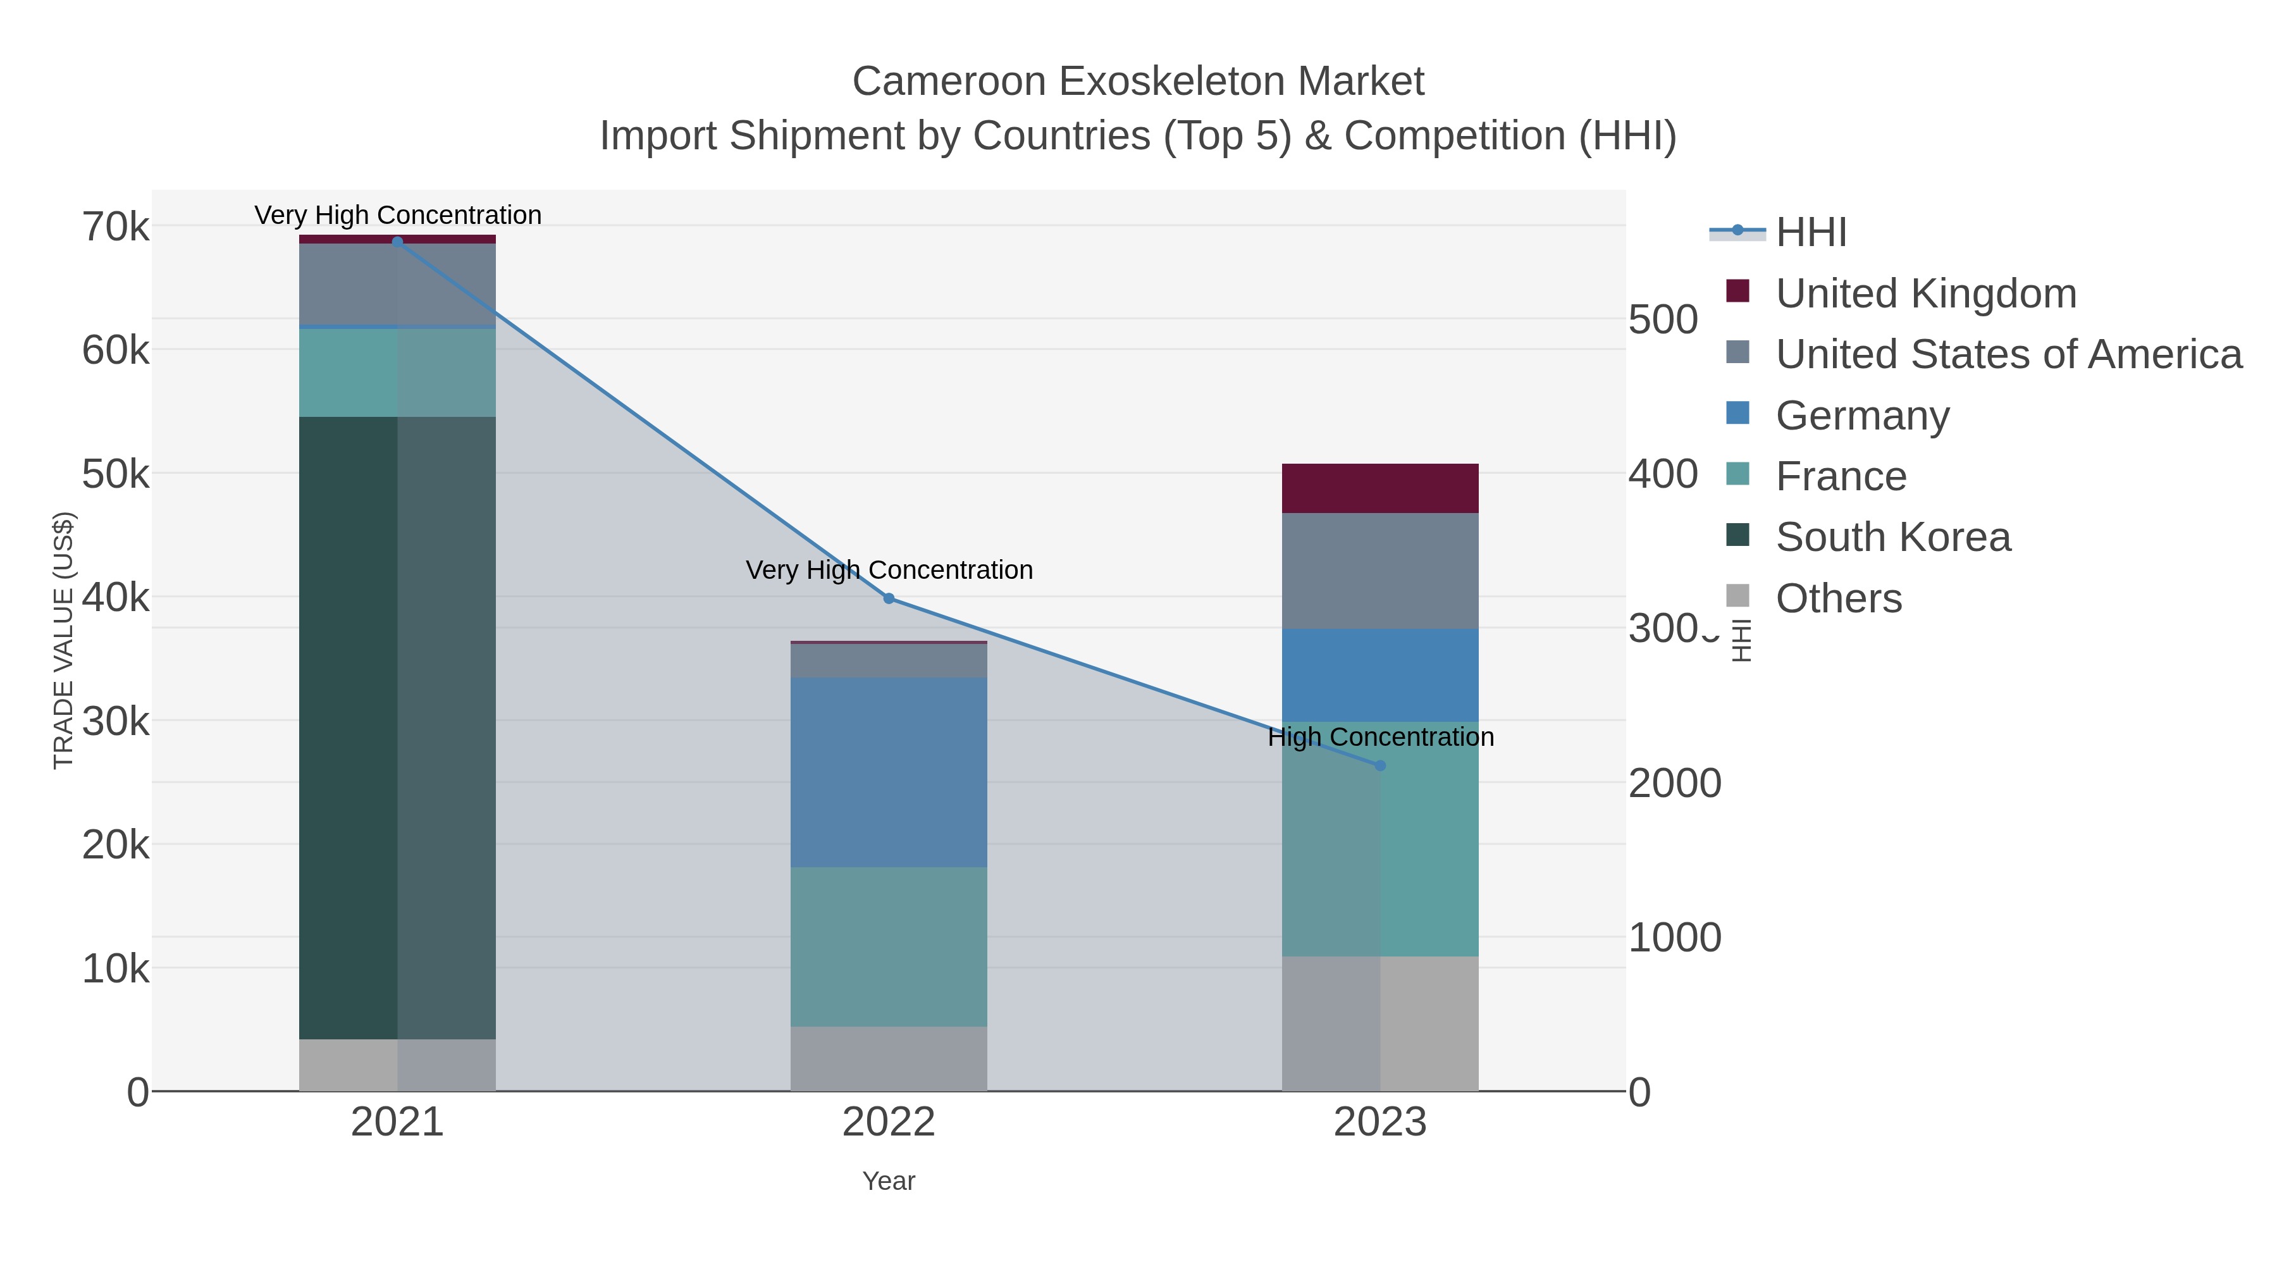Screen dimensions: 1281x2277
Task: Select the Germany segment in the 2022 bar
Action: pyautogui.click(x=889, y=772)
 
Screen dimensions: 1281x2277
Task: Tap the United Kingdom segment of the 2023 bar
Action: pyautogui.click(x=1380, y=488)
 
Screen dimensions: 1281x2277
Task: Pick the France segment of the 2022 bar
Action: pyautogui.click(x=889, y=946)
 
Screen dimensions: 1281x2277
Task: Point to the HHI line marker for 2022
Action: pyautogui.click(x=889, y=598)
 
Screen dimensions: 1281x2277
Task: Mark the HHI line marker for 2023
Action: pyautogui.click(x=1380, y=765)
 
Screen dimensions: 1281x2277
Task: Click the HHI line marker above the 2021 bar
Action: pyautogui.click(x=397, y=242)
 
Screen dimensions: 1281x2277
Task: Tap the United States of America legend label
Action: pyautogui.click(x=2008, y=354)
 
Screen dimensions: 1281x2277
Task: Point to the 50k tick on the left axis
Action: pyautogui.click(x=116, y=474)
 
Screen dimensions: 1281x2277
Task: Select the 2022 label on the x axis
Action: pyautogui.click(x=889, y=1123)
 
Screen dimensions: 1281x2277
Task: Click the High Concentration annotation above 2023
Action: pyautogui.click(x=1380, y=736)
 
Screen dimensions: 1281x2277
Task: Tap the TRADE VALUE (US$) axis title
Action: pyautogui.click(x=64, y=640)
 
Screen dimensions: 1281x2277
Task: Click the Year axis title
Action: pyautogui.click(x=889, y=1181)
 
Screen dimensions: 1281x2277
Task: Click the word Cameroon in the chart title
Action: pyautogui.click(x=949, y=82)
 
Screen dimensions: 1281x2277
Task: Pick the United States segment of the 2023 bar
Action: pyautogui.click(x=1380, y=571)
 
